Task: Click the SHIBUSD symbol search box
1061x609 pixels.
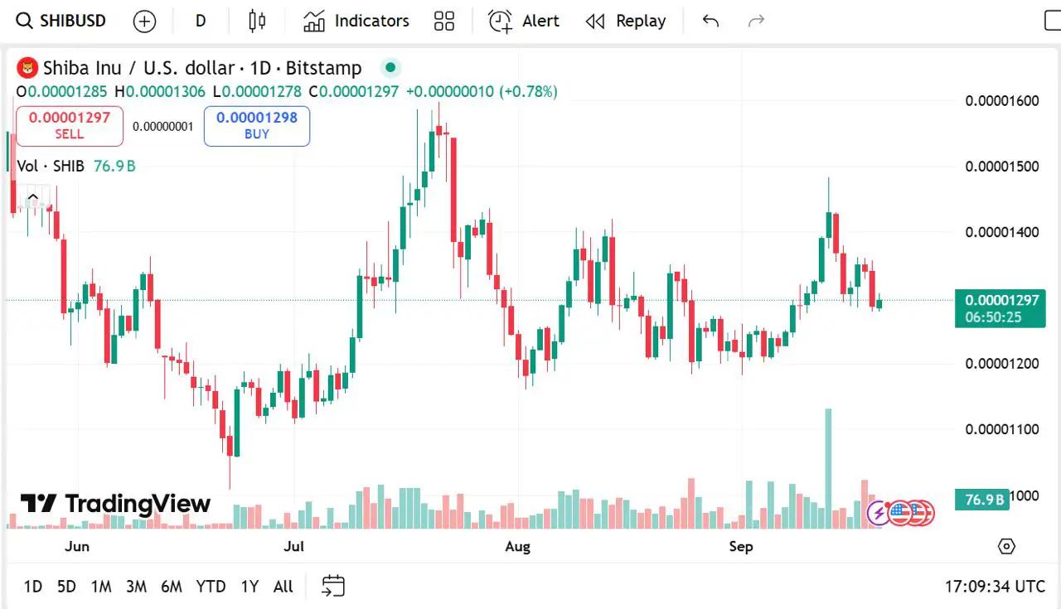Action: click(62, 21)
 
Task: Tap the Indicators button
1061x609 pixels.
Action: click(356, 21)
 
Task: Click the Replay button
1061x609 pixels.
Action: click(626, 21)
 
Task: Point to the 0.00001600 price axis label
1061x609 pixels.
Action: click(1001, 101)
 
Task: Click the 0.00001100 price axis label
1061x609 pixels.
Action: click(1001, 429)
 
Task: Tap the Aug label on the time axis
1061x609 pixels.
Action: click(517, 546)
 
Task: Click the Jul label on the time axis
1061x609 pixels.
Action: click(293, 546)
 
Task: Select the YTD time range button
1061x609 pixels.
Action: click(211, 587)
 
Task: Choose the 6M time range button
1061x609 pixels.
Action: click(171, 587)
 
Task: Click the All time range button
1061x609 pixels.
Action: click(283, 587)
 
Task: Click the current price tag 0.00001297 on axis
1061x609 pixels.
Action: click(1000, 300)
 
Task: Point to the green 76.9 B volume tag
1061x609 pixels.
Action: click(984, 499)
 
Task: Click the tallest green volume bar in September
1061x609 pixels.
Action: click(827, 468)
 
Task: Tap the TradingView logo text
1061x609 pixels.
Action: click(116, 504)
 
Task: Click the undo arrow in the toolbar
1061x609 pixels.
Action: click(710, 21)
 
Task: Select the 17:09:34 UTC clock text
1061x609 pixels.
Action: click(995, 587)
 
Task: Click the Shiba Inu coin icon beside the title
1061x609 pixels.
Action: click(28, 68)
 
